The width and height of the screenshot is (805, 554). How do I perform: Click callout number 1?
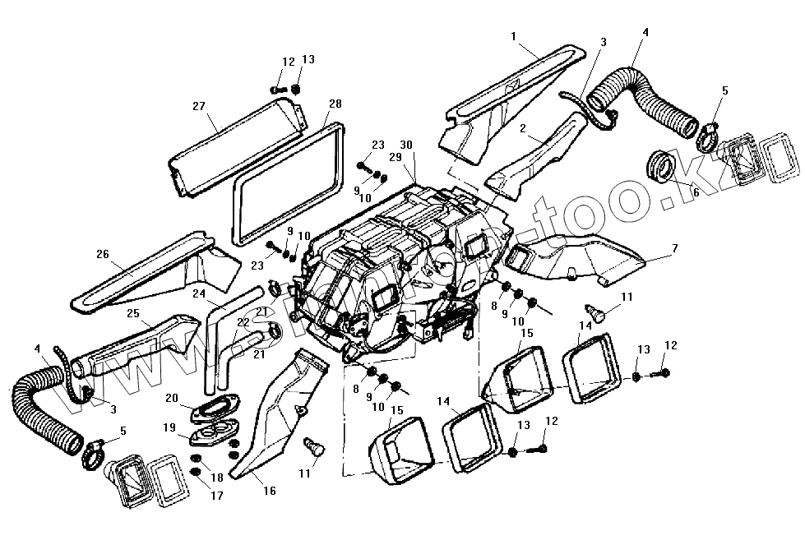pyautogui.click(x=513, y=36)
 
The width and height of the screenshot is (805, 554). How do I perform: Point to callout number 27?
pyautogui.click(x=199, y=107)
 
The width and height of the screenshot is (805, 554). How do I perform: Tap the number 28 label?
pyautogui.click(x=335, y=104)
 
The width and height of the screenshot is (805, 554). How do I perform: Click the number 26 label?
pyautogui.click(x=102, y=254)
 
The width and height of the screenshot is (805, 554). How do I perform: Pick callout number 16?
pyautogui.click(x=270, y=491)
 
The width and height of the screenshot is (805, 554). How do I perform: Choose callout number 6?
pyautogui.click(x=696, y=192)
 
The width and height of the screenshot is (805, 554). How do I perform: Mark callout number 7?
pyautogui.click(x=674, y=247)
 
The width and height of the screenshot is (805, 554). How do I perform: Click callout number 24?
pyautogui.click(x=199, y=293)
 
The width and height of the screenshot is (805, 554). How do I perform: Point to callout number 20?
pyautogui.click(x=171, y=398)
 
